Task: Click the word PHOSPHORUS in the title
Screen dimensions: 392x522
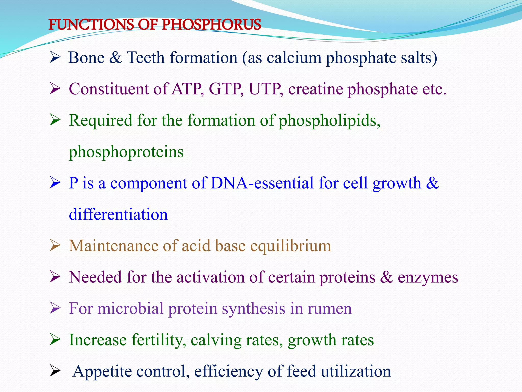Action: tap(211, 25)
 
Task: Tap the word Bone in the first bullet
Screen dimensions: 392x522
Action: tap(86, 58)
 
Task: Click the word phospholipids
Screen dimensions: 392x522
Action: tap(329, 121)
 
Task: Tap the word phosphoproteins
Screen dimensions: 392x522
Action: tap(126, 152)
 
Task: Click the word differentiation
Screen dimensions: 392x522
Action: tap(118, 215)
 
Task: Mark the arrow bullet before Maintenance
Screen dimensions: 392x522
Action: tap(55, 246)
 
